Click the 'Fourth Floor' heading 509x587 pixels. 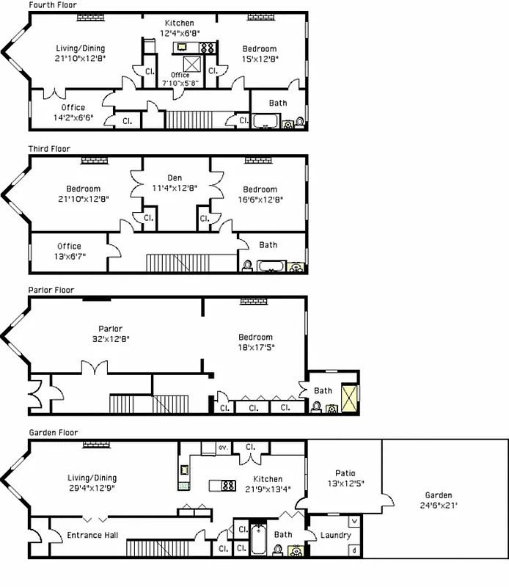pyautogui.click(x=52, y=5)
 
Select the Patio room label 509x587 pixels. pyautogui.click(x=345, y=478)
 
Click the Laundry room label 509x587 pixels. pyautogui.click(x=335, y=536)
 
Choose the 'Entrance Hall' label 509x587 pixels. pyautogui.click(x=92, y=536)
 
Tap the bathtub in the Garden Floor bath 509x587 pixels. pyautogui.click(x=258, y=539)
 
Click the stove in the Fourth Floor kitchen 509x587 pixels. pyautogui.click(x=208, y=48)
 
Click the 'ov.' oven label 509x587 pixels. pyautogui.click(x=223, y=446)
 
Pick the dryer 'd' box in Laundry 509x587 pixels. pyautogui.click(x=355, y=550)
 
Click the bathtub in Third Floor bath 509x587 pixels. pyautogui.click(x=269, y=266)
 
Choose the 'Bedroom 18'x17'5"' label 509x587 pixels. pyautogui.click(x=254, y=342)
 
